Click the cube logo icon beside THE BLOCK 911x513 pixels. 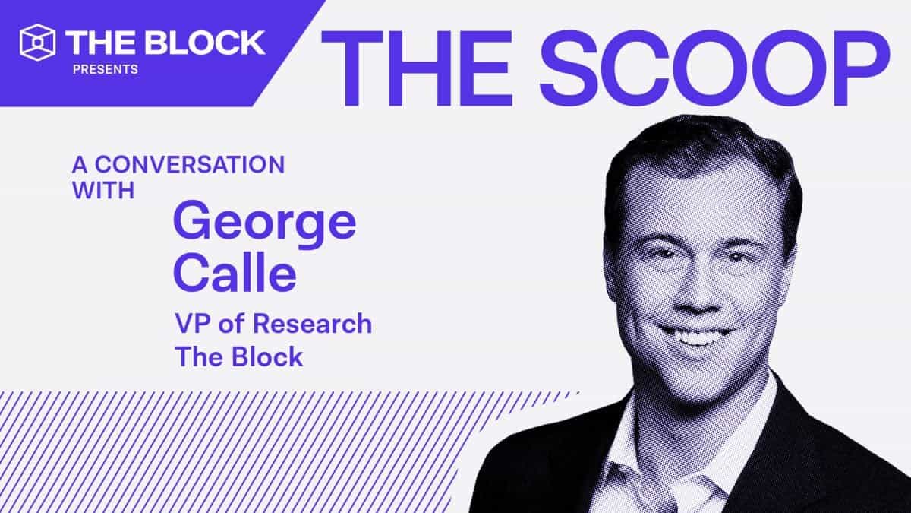point(39,42)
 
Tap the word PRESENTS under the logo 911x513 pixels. point(106,69)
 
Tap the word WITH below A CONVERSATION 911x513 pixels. point(103,189)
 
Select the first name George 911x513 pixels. point(264,223)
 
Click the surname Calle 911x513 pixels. point(235,273)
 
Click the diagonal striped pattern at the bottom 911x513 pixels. point(228,448)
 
